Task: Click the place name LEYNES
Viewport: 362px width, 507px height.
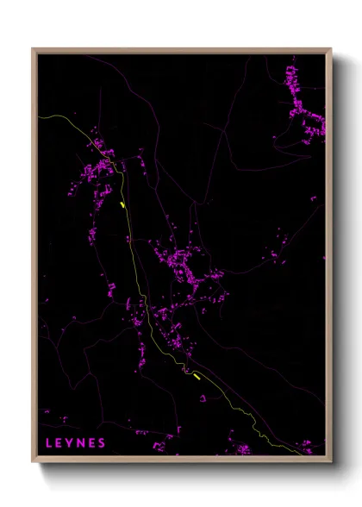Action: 77,443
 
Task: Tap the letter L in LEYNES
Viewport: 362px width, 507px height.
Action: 49,443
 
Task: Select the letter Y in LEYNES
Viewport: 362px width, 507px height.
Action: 72,443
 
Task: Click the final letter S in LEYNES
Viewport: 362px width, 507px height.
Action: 103,443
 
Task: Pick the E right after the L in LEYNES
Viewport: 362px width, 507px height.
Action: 60,443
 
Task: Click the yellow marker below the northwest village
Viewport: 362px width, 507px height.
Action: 123,205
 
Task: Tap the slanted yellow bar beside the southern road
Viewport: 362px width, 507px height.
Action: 197,375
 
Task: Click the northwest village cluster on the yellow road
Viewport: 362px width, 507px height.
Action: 102,164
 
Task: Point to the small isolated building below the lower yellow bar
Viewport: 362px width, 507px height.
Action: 203,398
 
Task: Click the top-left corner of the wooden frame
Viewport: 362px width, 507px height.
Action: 33,48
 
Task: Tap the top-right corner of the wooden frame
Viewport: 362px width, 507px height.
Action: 331,48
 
